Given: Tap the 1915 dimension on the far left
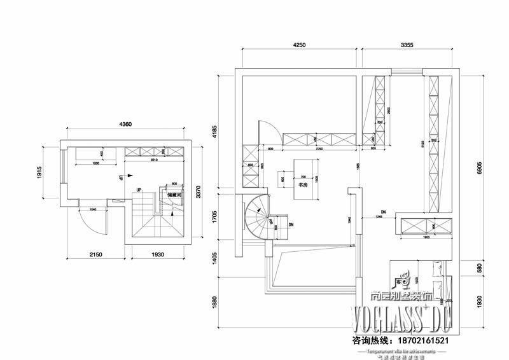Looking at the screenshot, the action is coord(39,172).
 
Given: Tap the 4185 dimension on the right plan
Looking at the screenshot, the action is coord(214,132).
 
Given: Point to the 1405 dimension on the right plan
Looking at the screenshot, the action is coord(214,258).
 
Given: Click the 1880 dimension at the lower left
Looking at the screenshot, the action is coord(214,300).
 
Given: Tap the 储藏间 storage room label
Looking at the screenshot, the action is coord(175,195).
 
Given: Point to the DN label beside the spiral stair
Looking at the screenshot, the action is coord(291,225).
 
